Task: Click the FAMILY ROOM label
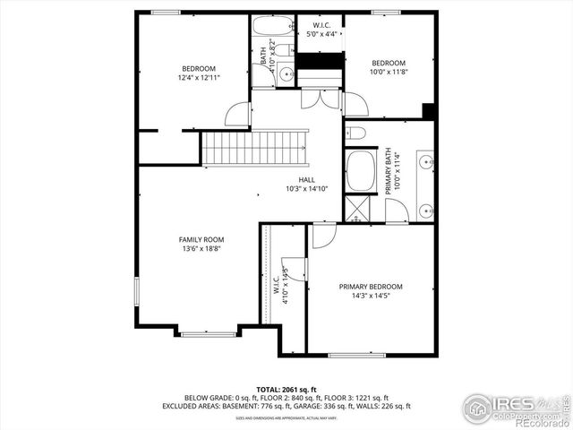201,239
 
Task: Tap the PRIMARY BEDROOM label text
370,287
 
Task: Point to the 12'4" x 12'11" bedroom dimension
198,78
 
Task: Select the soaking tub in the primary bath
361,171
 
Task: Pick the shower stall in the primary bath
356,208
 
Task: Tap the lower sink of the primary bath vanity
423,211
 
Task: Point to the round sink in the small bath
286,74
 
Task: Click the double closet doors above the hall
321,98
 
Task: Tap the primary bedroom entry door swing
324,235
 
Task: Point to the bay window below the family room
209,334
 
